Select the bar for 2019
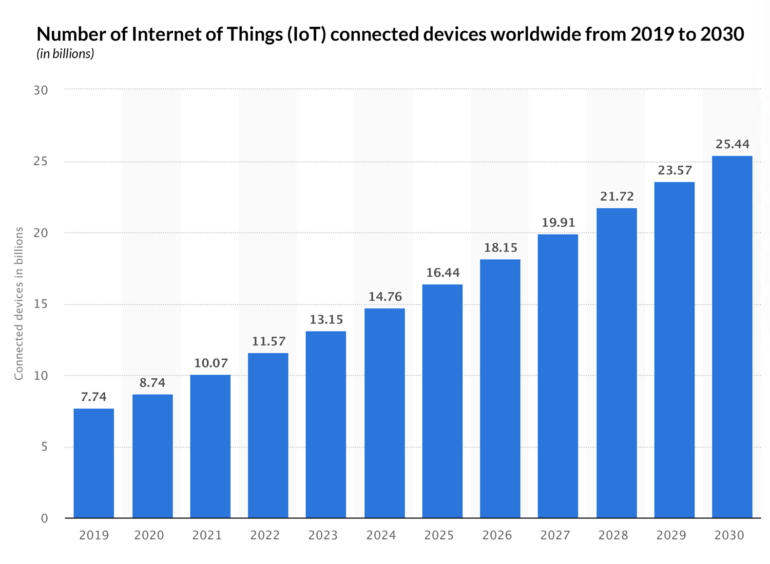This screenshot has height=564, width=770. [94, 463]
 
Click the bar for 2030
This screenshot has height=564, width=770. [732, 337]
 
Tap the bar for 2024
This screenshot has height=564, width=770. [384, 413]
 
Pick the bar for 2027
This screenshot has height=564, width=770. [558, 376]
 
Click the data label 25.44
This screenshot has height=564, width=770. [733, 144]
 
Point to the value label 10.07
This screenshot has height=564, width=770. [211, 363]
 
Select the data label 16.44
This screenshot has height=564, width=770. [443, 273]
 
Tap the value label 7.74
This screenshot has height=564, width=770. [94, 397]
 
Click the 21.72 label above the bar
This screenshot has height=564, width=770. [617, 197]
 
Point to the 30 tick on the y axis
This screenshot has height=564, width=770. [41, 90]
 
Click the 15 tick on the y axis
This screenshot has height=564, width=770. [41, 304]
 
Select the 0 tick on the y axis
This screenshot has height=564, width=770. [44, 518]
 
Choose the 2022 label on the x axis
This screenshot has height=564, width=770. [265, 535]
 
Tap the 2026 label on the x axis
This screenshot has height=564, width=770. [497, 535]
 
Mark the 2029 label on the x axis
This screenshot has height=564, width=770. [671, 535]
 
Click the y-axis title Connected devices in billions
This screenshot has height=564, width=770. [19, 303]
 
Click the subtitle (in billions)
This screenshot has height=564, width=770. [65, 54]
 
